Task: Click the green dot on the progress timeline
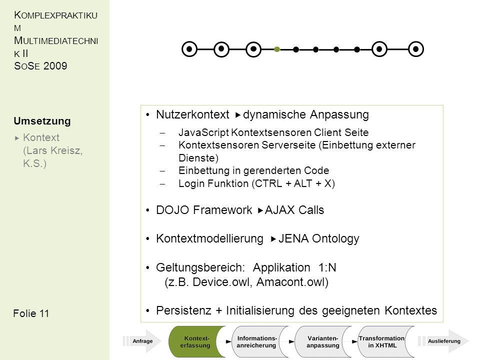point(277,49)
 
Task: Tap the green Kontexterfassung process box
point(196,341)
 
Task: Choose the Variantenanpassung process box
point(323,341)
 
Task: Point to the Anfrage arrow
point(142,341)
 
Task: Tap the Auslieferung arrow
point(443,341)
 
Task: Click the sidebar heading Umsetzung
point(42,121)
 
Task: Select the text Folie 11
point(31,313)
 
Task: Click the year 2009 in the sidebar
point(55,66)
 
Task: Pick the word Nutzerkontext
point(192,114)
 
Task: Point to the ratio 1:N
point(327,267)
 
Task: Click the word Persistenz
point(183,310)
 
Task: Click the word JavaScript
point(203,132)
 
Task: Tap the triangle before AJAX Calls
point(260,210)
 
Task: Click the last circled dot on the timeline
point(415,49)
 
